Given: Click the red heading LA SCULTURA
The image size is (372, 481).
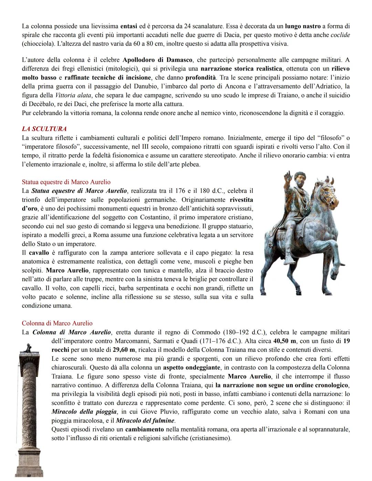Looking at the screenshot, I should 44,129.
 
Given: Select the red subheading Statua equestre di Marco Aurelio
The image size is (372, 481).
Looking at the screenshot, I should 66,182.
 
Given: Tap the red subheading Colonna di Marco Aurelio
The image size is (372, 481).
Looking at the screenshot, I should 57,323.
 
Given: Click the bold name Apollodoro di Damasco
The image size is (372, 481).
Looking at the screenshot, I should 157,60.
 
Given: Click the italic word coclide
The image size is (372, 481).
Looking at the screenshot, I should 340,35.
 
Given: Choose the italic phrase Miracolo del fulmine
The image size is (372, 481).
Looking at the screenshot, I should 145,420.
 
